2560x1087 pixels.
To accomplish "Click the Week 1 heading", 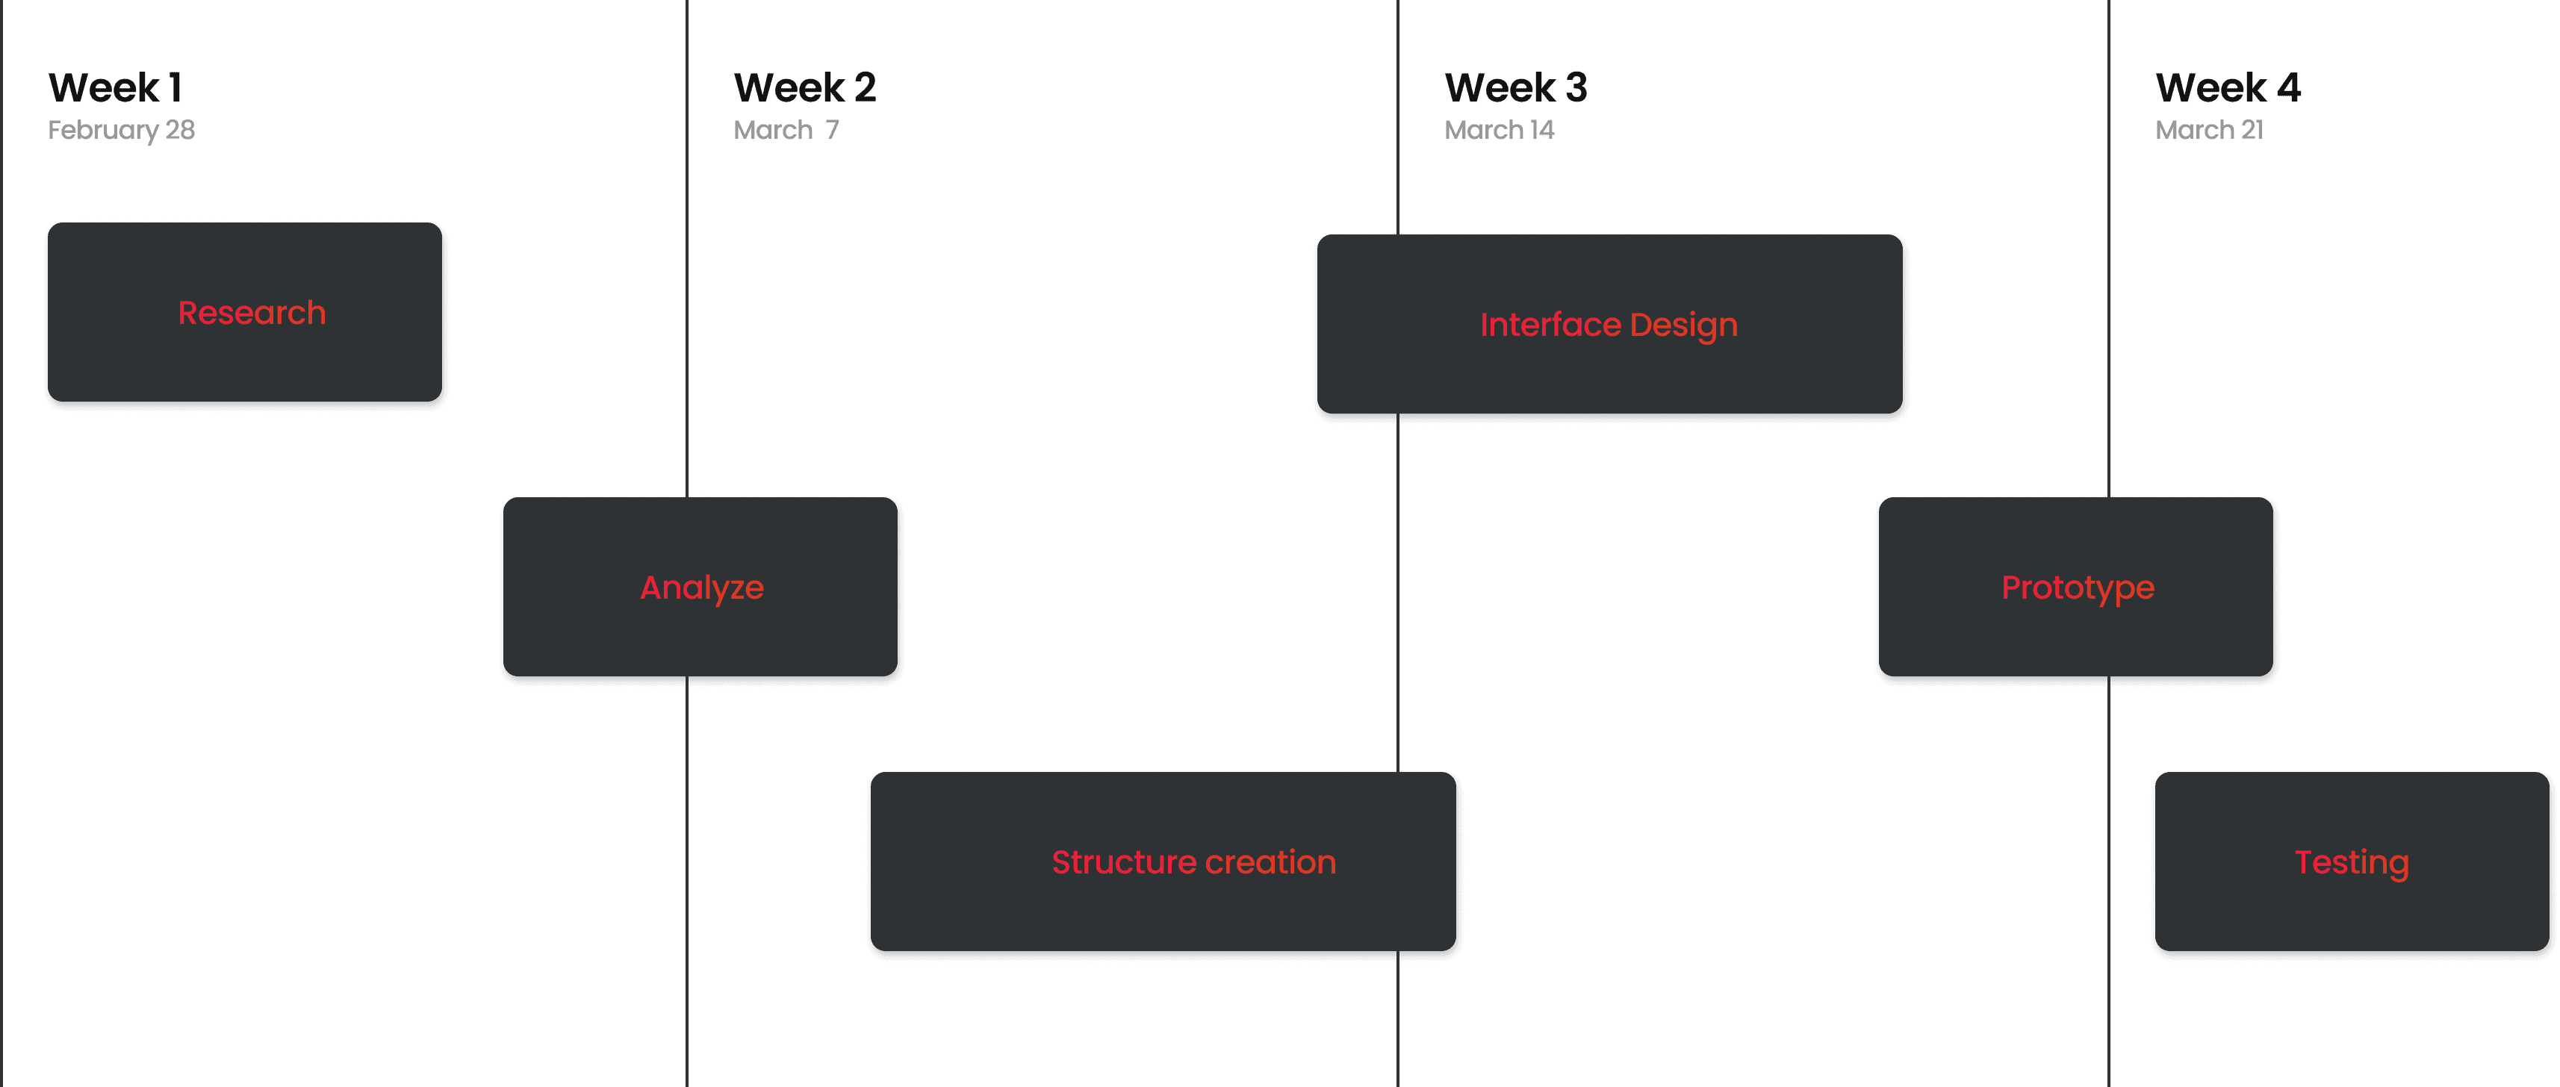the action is [x=115, y=87].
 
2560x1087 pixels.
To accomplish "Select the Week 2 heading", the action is [x=804, y=87].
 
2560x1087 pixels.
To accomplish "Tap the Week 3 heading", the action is [x=1515, y=87].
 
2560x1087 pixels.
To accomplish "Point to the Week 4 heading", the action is [x=2227, y=87].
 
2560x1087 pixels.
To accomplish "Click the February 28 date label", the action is [x=121, y=130].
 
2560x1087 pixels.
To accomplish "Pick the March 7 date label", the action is [x=785, y=130].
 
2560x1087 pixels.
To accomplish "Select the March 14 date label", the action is [x=1499, y=130].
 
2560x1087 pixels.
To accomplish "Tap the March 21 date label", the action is [x=2208, y=130].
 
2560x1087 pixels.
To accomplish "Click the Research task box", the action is [x=246, y=314].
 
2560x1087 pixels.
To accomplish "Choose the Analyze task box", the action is [x=702, y=588].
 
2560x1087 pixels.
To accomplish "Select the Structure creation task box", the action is [x=1164, y=862].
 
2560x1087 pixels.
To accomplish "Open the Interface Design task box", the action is [x=1610, y=326].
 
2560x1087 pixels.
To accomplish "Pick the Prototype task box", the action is [x=2077, y=588].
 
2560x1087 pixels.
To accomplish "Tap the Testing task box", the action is [x=2352, y=862].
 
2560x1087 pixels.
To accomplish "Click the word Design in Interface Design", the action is [x=1683, y=326].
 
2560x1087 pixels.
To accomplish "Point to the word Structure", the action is [x=1120, y=862].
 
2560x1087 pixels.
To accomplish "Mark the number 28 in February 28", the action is [x=180, y=130].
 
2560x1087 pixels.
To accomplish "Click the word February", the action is [x=103, y=130].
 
